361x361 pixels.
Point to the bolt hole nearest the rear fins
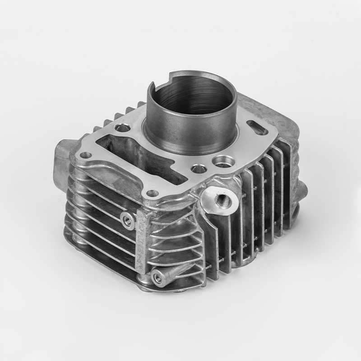tap(122, 128)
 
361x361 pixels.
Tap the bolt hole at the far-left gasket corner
tap(87, 156)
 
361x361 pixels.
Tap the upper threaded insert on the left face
tap(127, 220)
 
